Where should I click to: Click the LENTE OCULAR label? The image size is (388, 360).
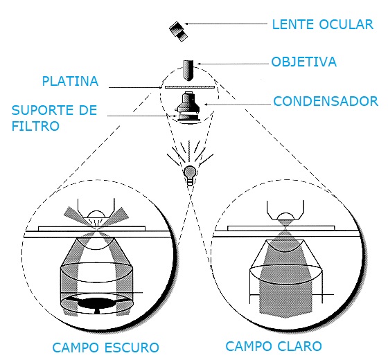click(x=323, y=24)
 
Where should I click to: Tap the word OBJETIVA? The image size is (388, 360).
click(x=304, y=62)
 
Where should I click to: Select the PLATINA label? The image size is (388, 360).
click(x=70, y=82)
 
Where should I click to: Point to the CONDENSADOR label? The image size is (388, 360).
click(x=326, y=101)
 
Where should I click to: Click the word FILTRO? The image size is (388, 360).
click(x=35, y=126)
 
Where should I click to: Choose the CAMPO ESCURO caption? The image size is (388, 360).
click(x=105, y=348)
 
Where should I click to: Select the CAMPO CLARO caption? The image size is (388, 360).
click(x=274, y=346)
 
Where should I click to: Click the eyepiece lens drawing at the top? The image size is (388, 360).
click(x=178, y=31)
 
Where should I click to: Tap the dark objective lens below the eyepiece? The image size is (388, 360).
click(x=188, y=70)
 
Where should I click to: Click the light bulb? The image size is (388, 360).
click(x=190, y=174)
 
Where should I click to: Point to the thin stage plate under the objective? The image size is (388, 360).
click(x=189, y=87)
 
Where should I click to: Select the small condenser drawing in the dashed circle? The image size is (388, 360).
click(x=188, y=102)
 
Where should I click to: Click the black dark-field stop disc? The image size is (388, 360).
click(x=96, y=303)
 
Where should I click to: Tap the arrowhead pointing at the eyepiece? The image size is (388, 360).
click(x=186, y=24)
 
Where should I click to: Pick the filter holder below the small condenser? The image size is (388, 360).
click(x=188, y=118)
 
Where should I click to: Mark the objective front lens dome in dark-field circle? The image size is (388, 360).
click(x=96, y=215)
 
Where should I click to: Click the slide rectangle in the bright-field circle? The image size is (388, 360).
click(x=281, y=228)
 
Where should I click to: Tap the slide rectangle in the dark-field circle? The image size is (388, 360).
click(x=91, y=228)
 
